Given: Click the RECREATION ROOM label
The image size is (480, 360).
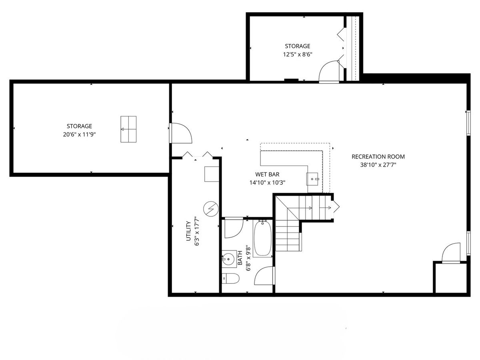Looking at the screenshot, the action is (378, 157).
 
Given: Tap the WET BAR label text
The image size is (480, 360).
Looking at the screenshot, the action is (267, 174).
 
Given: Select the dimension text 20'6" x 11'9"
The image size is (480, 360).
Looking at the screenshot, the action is (79, 134).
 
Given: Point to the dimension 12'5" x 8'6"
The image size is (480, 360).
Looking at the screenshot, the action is (298, 54).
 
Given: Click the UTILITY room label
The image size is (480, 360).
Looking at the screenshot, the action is (188, 231).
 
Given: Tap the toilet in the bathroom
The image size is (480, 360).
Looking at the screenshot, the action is (230, 278).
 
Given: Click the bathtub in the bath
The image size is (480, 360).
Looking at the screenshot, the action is (263, 238).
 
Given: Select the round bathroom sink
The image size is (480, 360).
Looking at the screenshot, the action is (228, 259).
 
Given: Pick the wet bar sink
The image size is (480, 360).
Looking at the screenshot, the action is (312, 179).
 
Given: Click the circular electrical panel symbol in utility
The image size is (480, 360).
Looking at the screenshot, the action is (211, 209).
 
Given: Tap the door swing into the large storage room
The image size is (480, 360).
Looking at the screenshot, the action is (181, 133).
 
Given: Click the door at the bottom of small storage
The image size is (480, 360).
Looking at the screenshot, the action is (329, 72).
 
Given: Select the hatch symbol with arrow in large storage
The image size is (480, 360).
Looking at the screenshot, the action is (128, 129).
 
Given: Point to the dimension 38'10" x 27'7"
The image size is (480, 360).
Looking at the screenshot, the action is (378, 165).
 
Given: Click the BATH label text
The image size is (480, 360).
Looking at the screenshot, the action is (240, 258).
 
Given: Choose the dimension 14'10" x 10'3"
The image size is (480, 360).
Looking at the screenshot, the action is (267, 182).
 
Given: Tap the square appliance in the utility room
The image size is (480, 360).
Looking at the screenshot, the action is (212, 174).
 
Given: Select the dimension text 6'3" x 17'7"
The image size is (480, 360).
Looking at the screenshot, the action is (197, 231).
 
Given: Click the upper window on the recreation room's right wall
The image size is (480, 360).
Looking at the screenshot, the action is (468, 123).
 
